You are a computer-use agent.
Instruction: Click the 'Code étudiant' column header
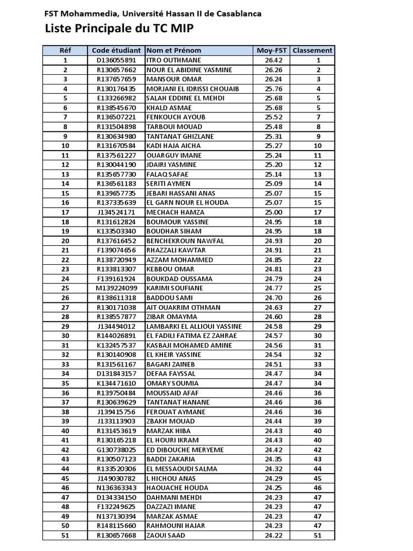tap(116, 51)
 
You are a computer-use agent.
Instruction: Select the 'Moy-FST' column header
tap(271, 51)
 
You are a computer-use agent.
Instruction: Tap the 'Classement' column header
tap(312, 51)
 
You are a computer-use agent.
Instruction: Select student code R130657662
tap(116, 70)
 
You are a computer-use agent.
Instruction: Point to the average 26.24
tap(274, 79)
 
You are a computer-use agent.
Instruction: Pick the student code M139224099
tap(116, 288)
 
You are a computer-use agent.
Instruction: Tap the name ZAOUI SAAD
tap(166, 535)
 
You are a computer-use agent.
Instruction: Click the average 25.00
tap(274, 212)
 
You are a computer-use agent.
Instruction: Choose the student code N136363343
tap(116, 488)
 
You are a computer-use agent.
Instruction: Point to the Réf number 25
tap(66, 288)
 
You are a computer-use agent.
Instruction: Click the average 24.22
tap(274, 535)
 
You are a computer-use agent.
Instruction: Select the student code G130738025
tap(116, 450)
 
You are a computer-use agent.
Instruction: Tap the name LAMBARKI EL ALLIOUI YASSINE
tap(194, 326)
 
